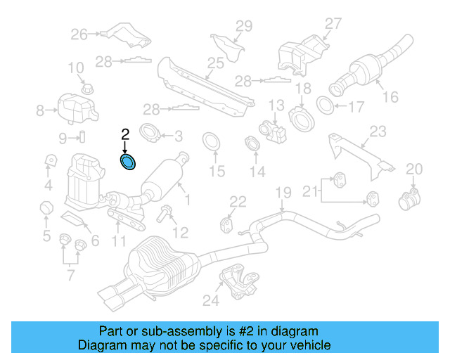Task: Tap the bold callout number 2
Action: [125, 134]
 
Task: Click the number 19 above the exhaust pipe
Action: [283, 193]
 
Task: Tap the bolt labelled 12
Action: [164, 214]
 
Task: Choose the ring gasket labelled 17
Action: [326, 106]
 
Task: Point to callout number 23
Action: [378, 131]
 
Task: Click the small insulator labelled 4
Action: [51, 161]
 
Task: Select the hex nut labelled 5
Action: [44, 209]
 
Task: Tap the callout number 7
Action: [70, 274]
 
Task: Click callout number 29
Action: [243, 27]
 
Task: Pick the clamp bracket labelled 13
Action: [273, 129]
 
